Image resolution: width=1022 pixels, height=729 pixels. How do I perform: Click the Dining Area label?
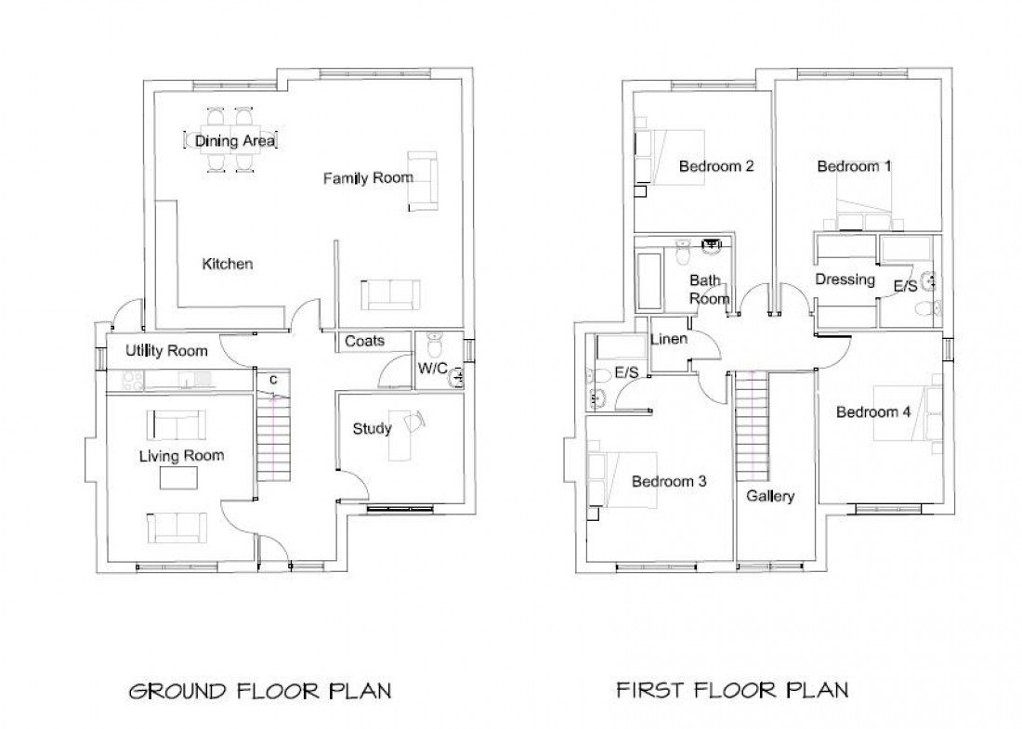(x=234, y=141)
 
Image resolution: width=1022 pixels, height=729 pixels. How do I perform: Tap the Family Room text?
(x=367, y=177)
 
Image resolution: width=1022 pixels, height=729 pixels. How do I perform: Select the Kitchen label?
(x=228, y=264)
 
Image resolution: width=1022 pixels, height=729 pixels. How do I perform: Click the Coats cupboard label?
(x=364, y=341)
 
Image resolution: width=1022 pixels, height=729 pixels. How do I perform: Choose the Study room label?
(x=372, y=428)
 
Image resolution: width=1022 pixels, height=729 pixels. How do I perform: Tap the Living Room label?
(x=181, y=455)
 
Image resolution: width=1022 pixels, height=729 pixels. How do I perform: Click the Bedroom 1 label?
(x=854, y=166)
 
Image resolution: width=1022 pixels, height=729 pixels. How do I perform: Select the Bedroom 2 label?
(x=715, y=167)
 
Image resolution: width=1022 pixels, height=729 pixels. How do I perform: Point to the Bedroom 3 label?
(x=669, y=481)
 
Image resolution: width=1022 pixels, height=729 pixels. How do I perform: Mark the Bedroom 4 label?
(x=873, y=412)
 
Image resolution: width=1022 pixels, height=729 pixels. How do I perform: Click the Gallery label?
(x=770, y=496)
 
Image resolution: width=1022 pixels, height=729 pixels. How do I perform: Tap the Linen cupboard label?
(x=669, y=339)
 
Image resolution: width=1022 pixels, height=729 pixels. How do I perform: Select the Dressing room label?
(x=845, y=279)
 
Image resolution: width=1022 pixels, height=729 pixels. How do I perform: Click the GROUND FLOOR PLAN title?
(x=259, y=691)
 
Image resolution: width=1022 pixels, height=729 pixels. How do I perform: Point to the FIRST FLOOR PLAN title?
(x=732, y=690)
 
